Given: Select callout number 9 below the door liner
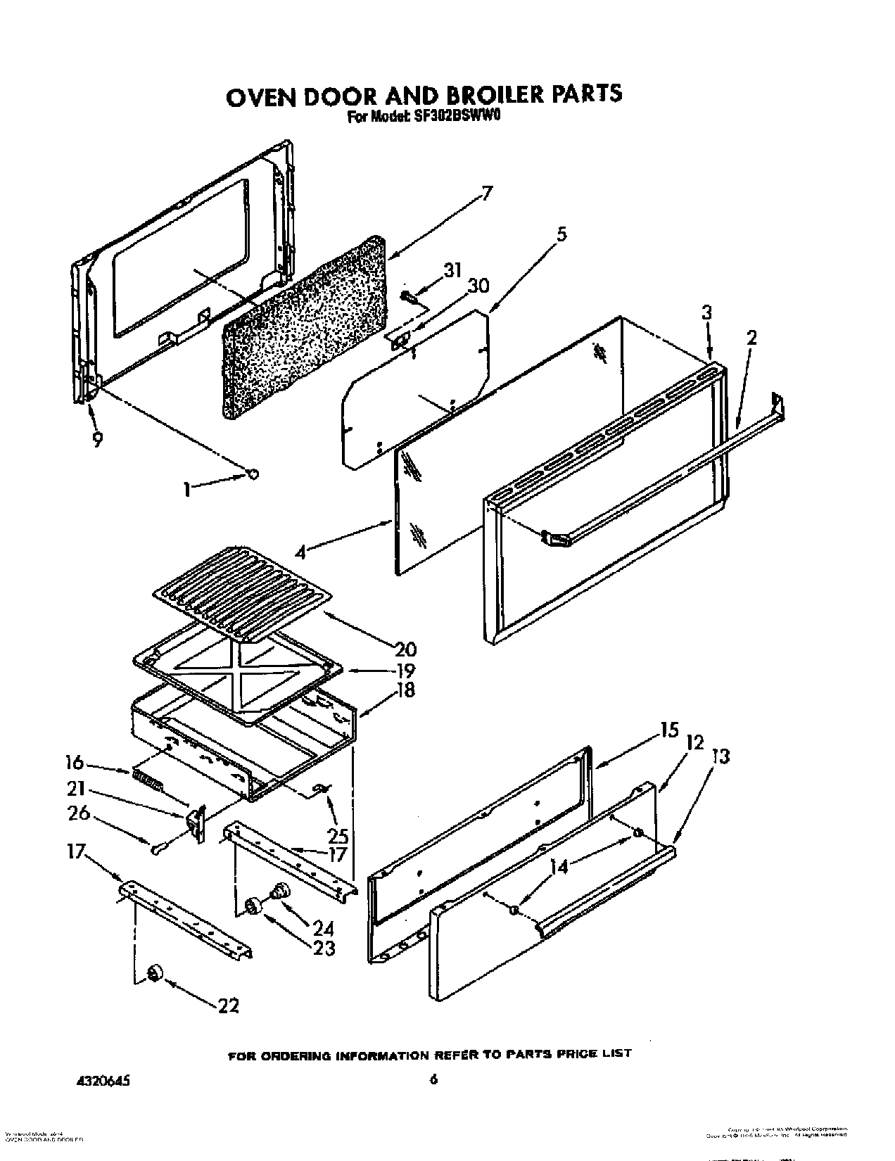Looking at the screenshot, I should [x=98, y=440].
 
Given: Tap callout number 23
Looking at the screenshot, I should [x=324, y=948].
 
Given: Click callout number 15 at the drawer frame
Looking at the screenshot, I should [x=669, y=730].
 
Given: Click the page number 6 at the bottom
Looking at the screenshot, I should [x=434, y=1079].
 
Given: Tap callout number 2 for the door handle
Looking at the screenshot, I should [x=751, y=337].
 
